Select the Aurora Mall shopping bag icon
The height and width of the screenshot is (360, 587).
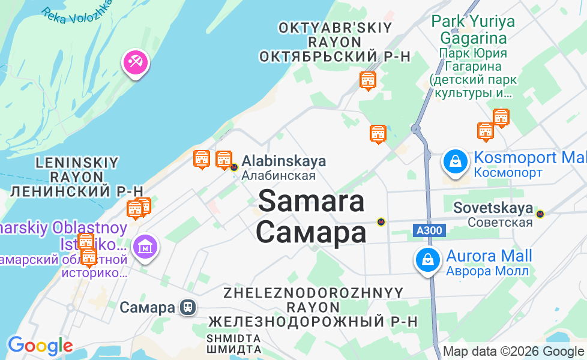[427, 260]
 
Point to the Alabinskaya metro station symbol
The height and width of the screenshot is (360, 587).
[234, 167]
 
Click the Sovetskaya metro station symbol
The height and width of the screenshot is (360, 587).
[540, 213]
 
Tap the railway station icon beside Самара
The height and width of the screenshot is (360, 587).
[188, 308]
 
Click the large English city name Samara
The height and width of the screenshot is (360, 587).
[311, 201]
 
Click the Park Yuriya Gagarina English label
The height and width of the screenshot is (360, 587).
[473, 30]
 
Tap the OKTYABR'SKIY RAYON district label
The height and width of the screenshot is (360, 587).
[334, 35]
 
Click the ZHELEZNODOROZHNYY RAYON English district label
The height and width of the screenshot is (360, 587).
[313, 300]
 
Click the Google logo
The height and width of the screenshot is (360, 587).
[40, 346]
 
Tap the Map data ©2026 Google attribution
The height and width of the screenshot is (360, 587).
[514, 352]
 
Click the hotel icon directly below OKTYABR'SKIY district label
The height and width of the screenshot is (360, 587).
[368, 80]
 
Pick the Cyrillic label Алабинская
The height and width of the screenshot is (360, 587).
[278, 176]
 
